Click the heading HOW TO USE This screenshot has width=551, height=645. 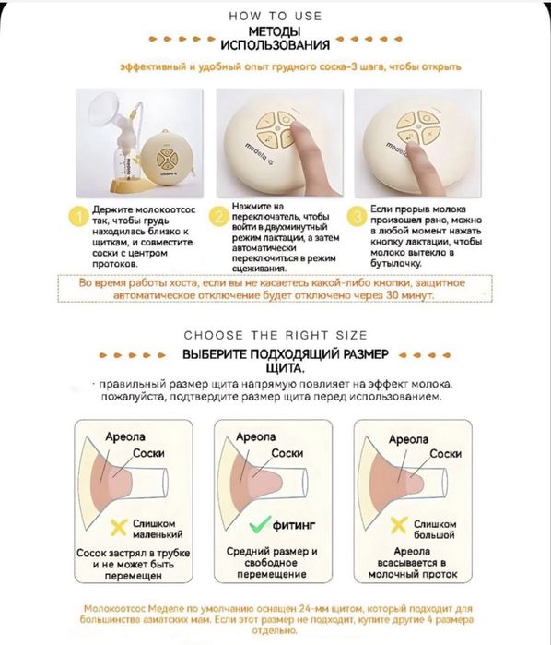[275, 16]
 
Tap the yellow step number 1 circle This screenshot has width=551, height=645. [80, 217]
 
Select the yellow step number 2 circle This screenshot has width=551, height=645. [218, 216]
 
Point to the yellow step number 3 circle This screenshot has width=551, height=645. [358, 216]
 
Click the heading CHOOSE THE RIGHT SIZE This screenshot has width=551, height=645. [275, 335]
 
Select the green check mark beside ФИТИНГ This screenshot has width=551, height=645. [260, 524]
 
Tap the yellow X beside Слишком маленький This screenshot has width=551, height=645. [119, 528]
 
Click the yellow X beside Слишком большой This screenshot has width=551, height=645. [399, 526]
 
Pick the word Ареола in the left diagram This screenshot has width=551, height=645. [125, 436]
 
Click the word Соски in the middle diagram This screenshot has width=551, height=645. [287, 453]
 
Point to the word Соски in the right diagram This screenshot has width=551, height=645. [445, 453]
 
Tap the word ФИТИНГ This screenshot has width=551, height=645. [294, 525]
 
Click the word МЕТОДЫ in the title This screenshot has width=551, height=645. [275, 31]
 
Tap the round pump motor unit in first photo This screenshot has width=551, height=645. [168, 159]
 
